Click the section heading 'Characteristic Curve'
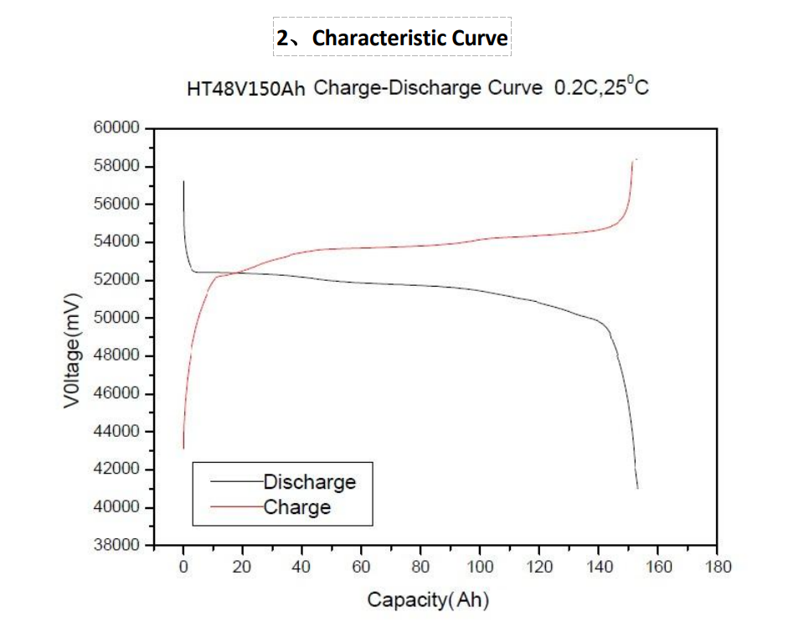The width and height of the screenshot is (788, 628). point(392,38)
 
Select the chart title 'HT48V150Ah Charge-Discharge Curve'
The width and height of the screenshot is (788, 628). point(364,88)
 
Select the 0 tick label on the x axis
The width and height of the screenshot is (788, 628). point(183,567)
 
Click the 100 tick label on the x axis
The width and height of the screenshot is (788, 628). point(480,567)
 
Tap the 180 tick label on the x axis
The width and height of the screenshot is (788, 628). point(718,567)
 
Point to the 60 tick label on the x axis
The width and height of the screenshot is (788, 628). point(362,567)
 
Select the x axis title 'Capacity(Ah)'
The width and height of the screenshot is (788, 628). point(427,599)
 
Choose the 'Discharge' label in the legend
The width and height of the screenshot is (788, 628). point(309,482)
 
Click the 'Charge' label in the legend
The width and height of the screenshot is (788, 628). point(296,507)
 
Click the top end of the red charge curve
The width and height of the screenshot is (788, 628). point(634,159)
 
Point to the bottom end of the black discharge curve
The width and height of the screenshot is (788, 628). point(637,487)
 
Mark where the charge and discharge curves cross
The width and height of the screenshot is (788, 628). point(234,272)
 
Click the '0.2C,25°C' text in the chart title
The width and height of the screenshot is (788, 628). point(601,87)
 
